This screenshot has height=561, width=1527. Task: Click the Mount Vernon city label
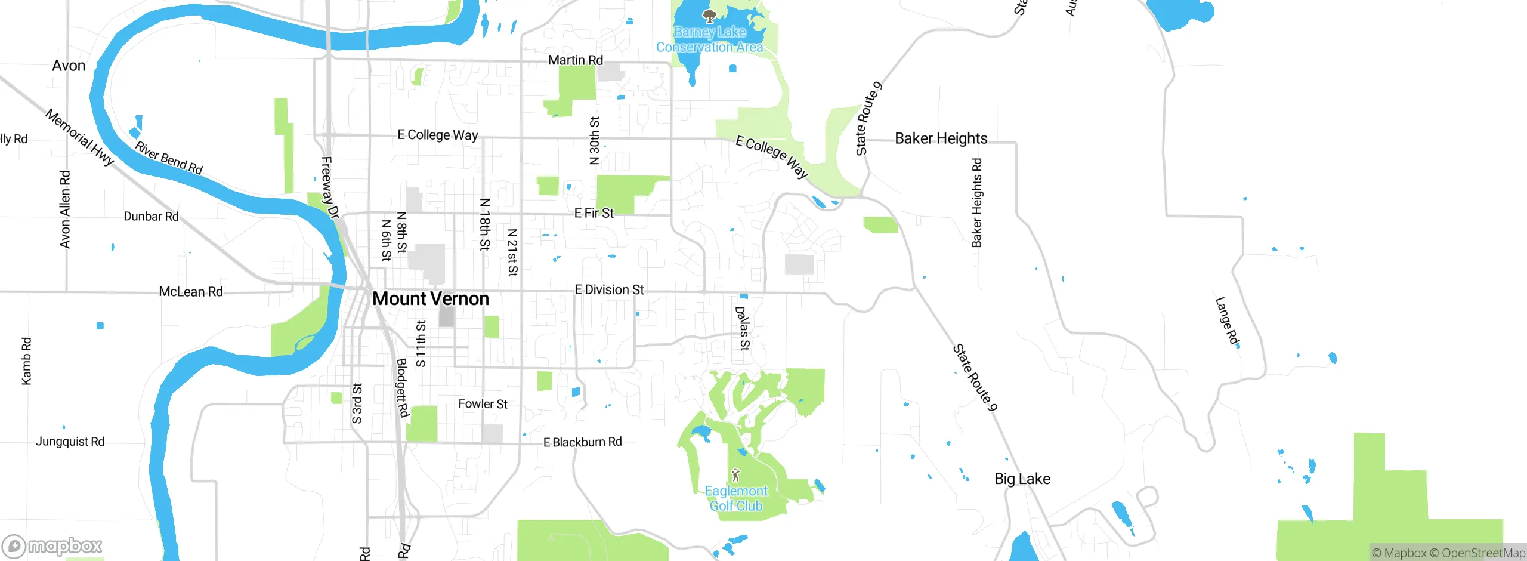click(x=430, y=298)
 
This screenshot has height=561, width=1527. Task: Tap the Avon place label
click(x=69, y=66)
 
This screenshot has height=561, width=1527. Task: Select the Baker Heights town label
click(x=941, y=138)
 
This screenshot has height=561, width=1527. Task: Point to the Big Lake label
click(x=1022, y=479)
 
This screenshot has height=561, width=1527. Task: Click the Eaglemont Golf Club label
click(x=736, y=498)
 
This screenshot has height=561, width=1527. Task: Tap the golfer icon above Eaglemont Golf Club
click(x=735, y=475)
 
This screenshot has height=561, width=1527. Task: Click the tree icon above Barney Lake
click(x=709, y=16)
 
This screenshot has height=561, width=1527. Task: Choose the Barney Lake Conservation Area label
click(x=709, y=39)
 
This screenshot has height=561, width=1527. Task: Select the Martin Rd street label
click(x=575, y=60)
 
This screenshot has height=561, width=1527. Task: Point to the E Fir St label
click(x=594, y=213)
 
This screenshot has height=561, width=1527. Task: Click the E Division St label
click(x=609, y=290)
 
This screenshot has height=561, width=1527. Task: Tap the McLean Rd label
click(x=190, y=292)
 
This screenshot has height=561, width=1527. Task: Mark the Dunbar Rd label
click(x=151, y=217)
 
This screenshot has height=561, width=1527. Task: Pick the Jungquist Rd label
click(x=70, y=442)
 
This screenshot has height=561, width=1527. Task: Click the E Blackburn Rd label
click(x=582, y=442)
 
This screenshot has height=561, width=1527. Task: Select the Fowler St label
click(x=483, y=404)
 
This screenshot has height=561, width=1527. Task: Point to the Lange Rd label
click(x=1227, y=321)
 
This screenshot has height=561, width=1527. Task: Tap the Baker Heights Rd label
click(x=976, y=203)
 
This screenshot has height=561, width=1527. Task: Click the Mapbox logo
click(x=52, y=545)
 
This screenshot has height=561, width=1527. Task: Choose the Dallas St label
click(x=743, y=328)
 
